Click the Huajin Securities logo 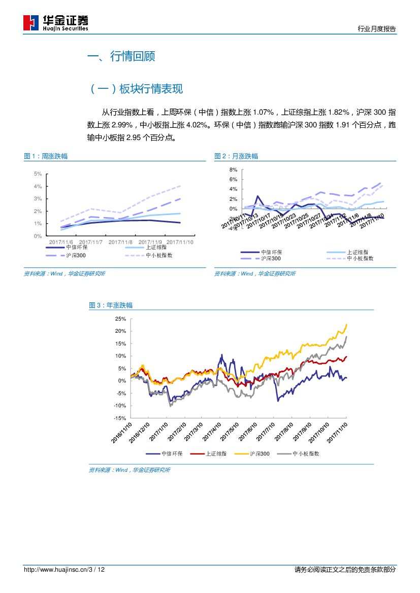[56, 22]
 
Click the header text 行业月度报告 [376, 29]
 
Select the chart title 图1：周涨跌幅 [46, 156]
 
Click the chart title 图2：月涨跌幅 [236, 156]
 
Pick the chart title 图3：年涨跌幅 [111, 305]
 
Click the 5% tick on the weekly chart [38, 174]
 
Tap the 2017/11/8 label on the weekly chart [120, 242]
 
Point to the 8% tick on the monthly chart [233, 169]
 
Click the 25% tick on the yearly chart [120, 319]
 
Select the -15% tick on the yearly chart [119, 418]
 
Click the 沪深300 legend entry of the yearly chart [260, 454]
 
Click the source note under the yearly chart [130, 470]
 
